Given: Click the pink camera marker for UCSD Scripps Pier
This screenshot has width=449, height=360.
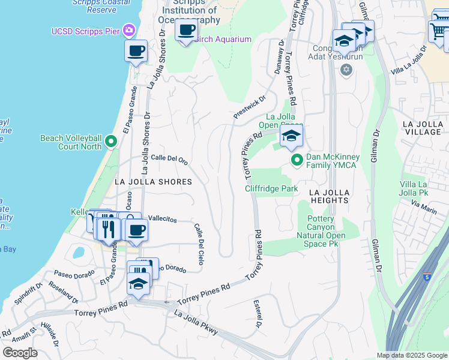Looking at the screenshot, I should (128, 30).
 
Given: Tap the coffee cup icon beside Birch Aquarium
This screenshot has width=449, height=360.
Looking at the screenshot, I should (187, 30).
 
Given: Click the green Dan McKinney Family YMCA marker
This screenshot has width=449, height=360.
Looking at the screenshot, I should (297, 160).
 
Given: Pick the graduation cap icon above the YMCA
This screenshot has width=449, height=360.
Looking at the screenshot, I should (291, 136).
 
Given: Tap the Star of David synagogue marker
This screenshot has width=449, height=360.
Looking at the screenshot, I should (345, 70).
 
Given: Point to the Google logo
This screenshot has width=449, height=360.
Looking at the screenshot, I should (19, 353).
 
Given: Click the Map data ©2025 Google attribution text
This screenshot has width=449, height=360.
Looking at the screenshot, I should (411, 355).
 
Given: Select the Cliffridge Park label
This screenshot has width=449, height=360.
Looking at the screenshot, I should (271, 188).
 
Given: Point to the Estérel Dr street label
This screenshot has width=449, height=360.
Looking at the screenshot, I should (258, 316).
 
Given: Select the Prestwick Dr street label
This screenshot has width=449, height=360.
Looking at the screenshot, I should (249, 107).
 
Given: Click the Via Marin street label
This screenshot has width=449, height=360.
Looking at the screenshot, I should (424, 206).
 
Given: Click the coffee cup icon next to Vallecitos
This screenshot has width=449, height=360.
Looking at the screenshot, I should (136, 230).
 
